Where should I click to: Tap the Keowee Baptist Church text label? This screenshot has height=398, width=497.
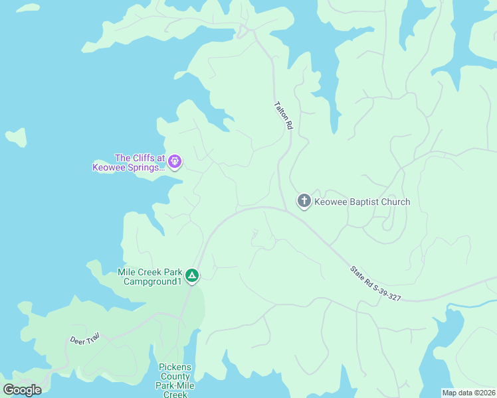click(x=362, y=202)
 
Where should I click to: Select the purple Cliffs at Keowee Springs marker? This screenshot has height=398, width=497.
click(x=175, y=161)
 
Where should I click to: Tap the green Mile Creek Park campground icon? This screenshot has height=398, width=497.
click(x=191, y=275)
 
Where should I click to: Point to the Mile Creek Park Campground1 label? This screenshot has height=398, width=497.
click(x=149, y=277)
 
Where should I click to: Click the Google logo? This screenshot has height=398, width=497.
click(x=23, y=390)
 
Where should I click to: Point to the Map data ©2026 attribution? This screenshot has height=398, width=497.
click(x=468, y=393)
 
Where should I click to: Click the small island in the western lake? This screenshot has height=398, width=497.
click(x=17, y=137)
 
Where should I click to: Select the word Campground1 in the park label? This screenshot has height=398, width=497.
click(x=153, y=281)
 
